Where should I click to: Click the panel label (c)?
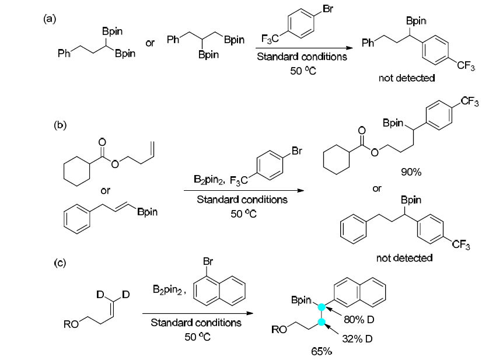60,263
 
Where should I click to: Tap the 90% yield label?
411,172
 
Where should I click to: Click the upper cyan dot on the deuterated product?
320,306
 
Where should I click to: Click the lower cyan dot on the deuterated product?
320,321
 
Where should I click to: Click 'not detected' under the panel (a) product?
407,78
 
